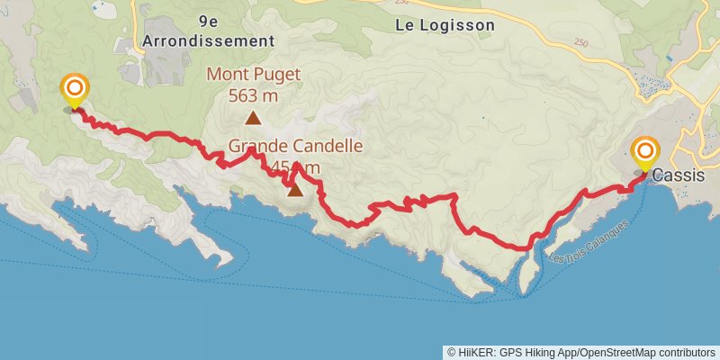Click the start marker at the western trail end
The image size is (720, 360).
74,89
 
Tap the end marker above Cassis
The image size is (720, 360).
645,151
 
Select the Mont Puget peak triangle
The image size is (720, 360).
254,118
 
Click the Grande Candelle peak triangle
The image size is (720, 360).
294,189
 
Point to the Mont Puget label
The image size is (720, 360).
254,76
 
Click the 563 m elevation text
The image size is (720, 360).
254,94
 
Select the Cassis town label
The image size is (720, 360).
679,175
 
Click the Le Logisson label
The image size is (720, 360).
445,25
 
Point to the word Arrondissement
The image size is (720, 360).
208,40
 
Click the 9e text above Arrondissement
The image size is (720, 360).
208,20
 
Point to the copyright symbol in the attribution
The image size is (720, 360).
452,352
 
